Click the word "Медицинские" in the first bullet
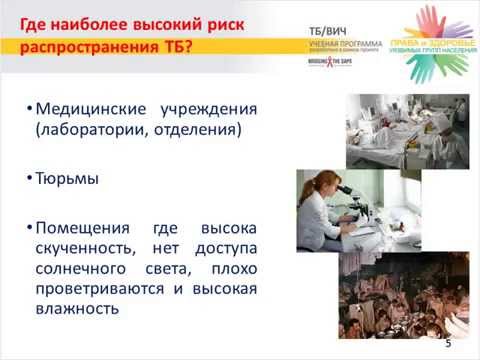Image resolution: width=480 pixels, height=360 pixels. [86, 108]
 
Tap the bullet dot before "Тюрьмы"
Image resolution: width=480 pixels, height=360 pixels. [29, 181]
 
